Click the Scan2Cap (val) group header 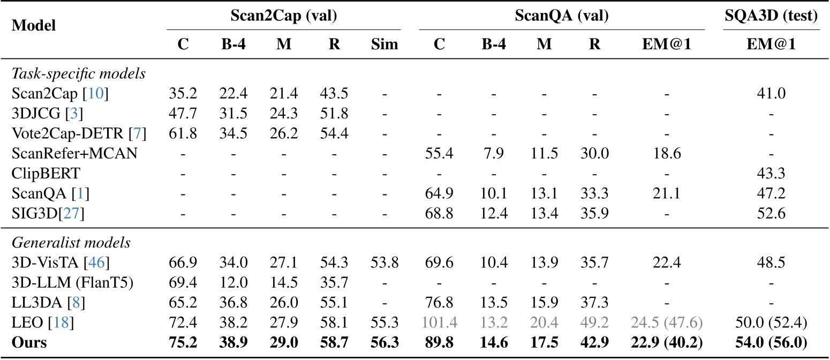(x=283, y=17)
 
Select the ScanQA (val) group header (x=562, y=17)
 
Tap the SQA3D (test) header (x=772, y=17)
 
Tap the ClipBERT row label (x=34, y=174)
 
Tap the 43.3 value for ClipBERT (x=772, y=174)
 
